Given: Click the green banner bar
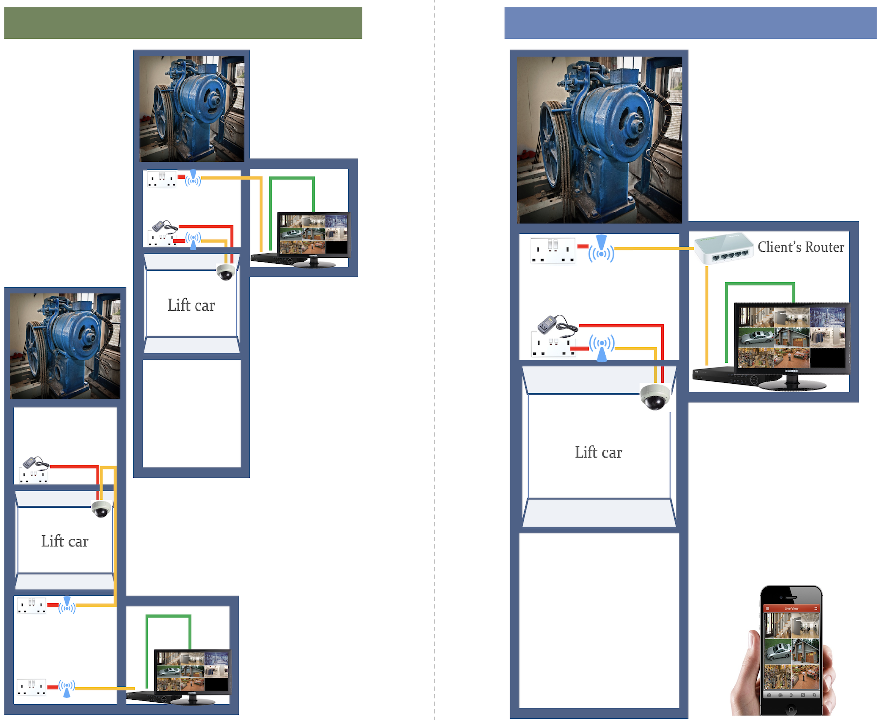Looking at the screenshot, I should point(183,23).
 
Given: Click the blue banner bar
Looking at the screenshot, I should point(690,23).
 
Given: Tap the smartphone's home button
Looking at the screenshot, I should point(791,710).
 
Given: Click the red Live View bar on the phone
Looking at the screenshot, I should point(791,608).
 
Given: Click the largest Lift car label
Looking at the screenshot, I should point(598,452).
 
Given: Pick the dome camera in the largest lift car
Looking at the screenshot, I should point(655,397).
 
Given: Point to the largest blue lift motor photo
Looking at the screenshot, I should point(599,139).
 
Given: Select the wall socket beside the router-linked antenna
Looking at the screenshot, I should point(552,250).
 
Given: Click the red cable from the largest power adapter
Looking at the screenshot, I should point(621,326).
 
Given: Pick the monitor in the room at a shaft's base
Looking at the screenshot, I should point(192,672).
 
